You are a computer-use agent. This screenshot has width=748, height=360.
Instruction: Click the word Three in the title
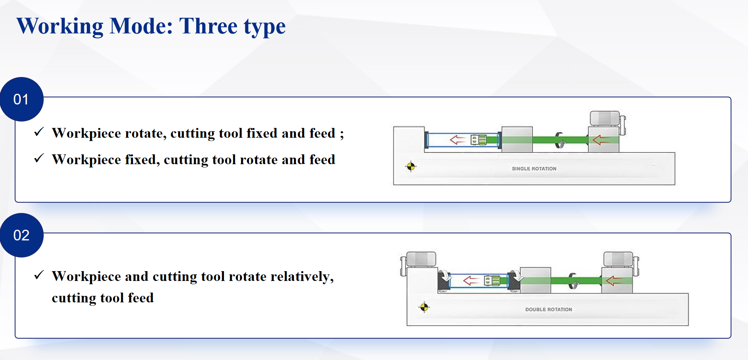click(208, 26)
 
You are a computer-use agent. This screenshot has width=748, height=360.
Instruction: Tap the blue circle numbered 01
click(21, 99)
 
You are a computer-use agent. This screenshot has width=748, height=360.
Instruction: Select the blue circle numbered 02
click(21, 235)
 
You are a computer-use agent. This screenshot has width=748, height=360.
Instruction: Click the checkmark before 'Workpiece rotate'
click(39, 132)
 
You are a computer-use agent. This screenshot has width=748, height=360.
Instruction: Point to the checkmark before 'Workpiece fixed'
click(39, 158)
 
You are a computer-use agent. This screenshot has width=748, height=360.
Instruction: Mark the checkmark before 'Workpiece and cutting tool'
click(39, 275)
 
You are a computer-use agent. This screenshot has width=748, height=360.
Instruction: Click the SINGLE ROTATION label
click(534, 169)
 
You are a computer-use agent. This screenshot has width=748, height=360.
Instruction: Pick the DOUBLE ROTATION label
click(549, 310)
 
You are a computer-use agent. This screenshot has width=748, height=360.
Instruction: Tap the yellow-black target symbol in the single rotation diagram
click(411, 166)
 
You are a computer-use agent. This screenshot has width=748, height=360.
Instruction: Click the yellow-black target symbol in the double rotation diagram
click(424, 307)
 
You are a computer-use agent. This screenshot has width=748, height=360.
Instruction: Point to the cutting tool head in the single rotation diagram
click(479, 140)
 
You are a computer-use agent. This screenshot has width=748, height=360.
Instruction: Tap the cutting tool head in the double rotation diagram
click(492, 281)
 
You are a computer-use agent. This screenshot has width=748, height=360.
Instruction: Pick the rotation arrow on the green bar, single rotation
click(559, 140)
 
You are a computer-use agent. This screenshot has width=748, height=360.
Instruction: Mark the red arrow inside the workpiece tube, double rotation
click(471, 281)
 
